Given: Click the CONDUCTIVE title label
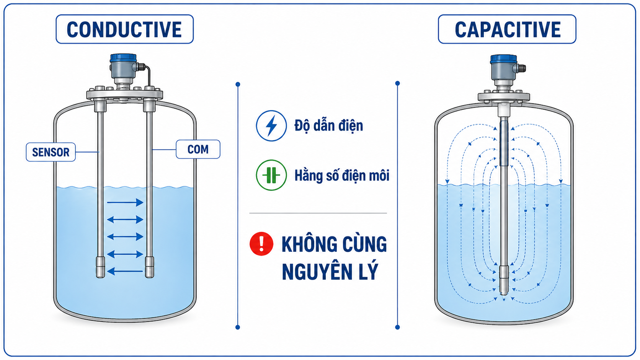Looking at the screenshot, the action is click(124, 29).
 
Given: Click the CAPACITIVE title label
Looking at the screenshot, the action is click(507, 29).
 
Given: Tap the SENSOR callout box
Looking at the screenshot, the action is click(51, 152).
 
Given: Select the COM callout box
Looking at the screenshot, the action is click(198, 149).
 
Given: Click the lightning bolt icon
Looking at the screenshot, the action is click(271, 125).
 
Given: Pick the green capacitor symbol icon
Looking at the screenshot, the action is click(271, 175).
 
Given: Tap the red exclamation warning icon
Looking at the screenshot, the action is click(261, 244).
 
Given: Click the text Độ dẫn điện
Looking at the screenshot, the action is click(328, 125).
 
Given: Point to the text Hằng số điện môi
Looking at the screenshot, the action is click(342, 175).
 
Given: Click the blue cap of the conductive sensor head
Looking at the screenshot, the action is click(123, 58).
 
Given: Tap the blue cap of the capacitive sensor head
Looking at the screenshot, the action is click(503, 59).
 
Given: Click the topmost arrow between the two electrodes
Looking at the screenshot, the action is click(125, 202).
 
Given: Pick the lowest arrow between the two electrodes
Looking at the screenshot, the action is click(125, 271).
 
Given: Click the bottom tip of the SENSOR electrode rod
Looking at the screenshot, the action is click(100, 277).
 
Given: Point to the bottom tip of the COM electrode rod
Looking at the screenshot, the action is click(149, 277).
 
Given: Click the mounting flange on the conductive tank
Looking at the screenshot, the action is click(124, 94).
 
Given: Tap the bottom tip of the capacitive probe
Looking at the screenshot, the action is click(504, 294).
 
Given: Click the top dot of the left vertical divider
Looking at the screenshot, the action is click(238, 84).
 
